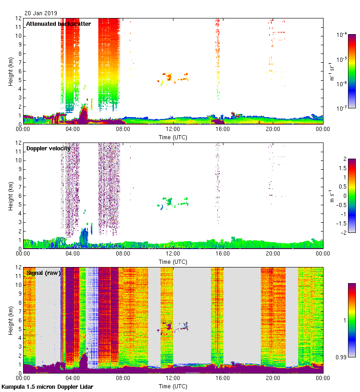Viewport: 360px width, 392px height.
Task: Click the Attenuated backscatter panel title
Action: point(58,24)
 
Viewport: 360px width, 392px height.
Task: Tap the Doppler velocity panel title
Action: point(48,148)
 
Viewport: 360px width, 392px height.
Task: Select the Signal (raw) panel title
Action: point(43,273)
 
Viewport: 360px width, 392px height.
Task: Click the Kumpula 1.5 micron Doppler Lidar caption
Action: point(47,386)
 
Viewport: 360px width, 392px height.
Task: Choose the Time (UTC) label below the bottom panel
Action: point(173,386)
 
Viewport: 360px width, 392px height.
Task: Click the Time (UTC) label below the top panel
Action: point(173,137)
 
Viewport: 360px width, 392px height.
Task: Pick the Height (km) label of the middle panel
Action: point(11,196)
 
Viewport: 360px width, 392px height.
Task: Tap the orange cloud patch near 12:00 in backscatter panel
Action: point(169,77)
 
